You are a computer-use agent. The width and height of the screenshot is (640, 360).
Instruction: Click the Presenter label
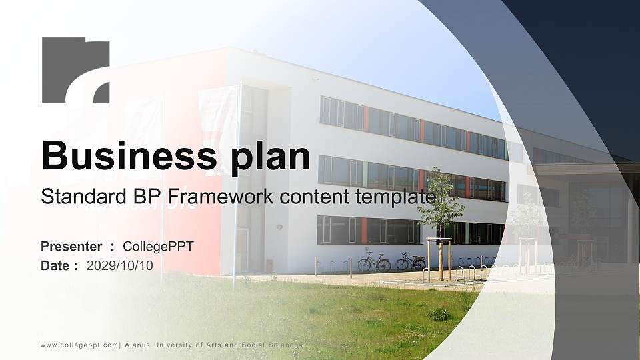(71, 247)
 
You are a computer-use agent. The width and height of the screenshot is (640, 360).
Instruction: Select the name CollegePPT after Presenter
(158, 247)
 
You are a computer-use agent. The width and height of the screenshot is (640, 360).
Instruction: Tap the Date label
(55, 265)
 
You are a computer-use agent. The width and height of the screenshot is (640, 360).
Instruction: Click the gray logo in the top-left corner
(75, 70)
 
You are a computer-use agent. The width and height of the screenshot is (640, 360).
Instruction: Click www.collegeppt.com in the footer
(79, 345)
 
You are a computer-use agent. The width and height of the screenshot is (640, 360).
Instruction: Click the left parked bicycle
(374, 263)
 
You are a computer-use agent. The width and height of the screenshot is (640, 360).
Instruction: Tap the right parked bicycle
(411, 261)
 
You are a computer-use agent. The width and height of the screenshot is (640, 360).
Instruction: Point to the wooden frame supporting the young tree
(439, 257)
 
